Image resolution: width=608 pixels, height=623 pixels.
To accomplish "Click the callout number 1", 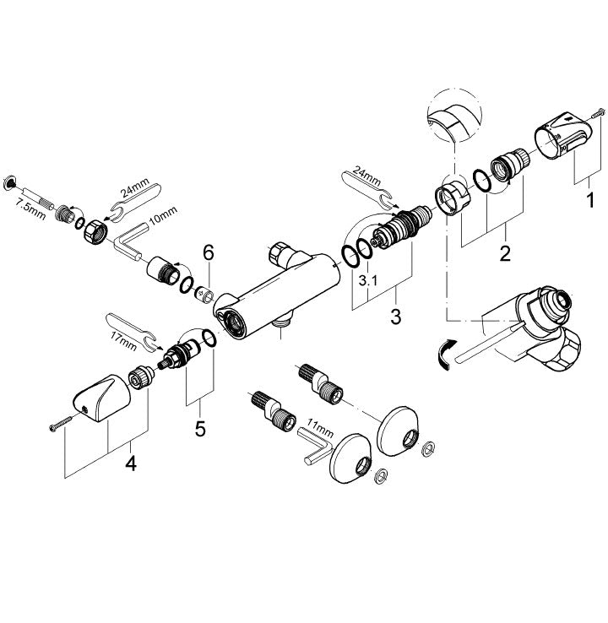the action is point(590,199).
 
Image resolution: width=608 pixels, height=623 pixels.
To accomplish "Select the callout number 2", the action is point(505,252).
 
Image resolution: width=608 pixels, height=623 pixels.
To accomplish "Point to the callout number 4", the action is point(131,463).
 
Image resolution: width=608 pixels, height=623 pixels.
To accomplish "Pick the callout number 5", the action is point(200,429).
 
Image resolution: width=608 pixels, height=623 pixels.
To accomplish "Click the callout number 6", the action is point(209,252).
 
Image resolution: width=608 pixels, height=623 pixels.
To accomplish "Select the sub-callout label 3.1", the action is point(368,281).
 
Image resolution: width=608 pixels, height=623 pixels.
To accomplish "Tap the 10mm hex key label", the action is point(163,217).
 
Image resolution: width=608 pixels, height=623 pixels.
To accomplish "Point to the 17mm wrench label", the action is point(123,341).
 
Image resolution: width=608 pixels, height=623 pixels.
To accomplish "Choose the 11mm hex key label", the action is point(320,428).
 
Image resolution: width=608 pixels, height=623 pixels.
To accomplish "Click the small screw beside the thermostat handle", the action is point(598,113).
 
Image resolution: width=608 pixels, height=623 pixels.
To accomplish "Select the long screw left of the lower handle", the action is point(61,423).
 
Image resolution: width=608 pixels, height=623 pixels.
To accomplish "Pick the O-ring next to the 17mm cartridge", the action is point(209,339).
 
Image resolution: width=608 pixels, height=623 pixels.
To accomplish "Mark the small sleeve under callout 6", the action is point(204,295).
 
